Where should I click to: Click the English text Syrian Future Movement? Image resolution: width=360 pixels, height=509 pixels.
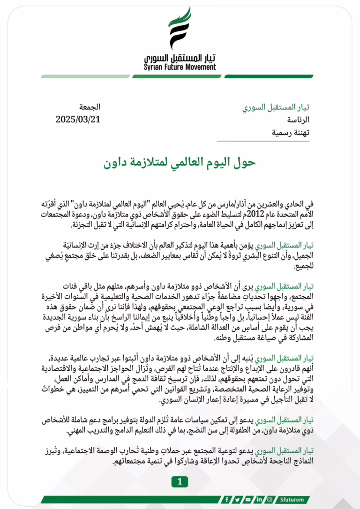(180, 67)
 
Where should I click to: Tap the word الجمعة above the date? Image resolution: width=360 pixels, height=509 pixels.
(90, 107)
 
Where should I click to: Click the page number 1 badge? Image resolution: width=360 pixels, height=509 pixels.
(180, 481)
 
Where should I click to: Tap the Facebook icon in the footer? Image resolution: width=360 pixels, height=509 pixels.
(227, 500)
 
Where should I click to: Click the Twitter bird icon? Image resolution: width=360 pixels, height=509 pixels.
(238, 500)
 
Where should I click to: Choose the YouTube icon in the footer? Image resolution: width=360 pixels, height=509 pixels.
(248, 500)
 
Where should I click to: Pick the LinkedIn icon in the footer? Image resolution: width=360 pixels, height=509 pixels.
(259, 500)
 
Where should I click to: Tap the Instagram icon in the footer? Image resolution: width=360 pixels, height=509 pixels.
(270, 500)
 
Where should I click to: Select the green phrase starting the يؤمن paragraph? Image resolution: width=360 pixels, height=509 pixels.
(285, 246)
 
